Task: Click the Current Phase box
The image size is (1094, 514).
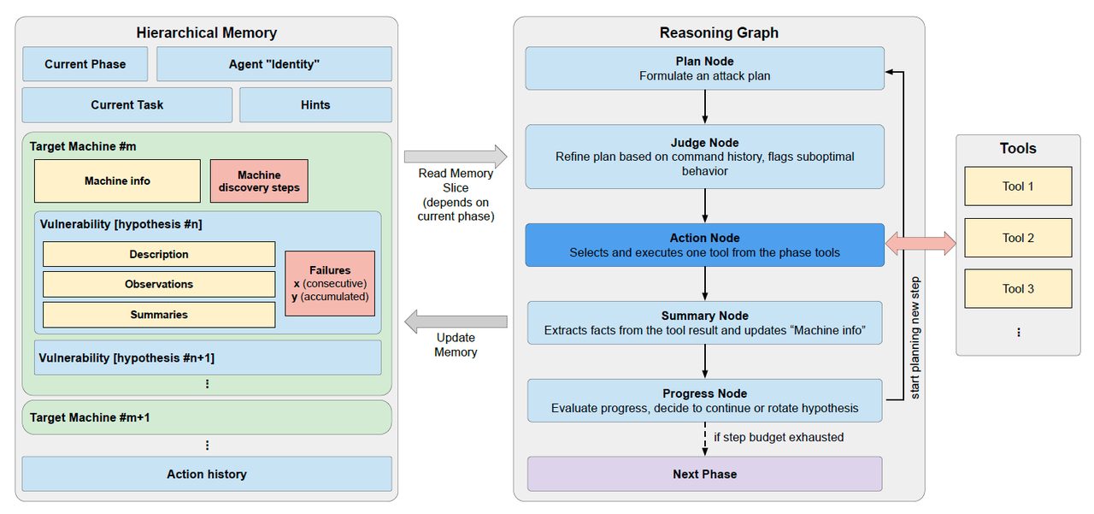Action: pos(85,64)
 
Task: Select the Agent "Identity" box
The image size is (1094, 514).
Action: pos(274,64)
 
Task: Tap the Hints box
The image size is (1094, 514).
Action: pos(315,105)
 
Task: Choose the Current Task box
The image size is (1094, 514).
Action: pos(127,105)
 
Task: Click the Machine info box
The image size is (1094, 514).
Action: pos(117,180)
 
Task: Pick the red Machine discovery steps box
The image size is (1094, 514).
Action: pos(259,180)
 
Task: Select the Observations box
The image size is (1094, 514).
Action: pos(159,284)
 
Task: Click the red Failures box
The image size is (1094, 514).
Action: pos(330,283)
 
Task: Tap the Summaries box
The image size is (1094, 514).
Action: pos(159,315)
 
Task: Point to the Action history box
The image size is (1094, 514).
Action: pos(207,474)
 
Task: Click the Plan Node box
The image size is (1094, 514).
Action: pos(705,68)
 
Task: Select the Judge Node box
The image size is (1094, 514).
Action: pos(705,157)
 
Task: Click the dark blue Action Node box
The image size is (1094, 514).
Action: pos(705,245)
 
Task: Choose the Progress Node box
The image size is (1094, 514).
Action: pos(705,400)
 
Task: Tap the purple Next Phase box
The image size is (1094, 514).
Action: pos(705,474)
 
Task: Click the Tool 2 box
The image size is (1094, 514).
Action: pos(1018,238)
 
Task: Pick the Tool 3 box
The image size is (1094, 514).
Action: pos(1018,289)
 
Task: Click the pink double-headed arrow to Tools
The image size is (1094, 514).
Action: pos(920,244)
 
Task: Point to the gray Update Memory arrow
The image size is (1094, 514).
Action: pos(456,322)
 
